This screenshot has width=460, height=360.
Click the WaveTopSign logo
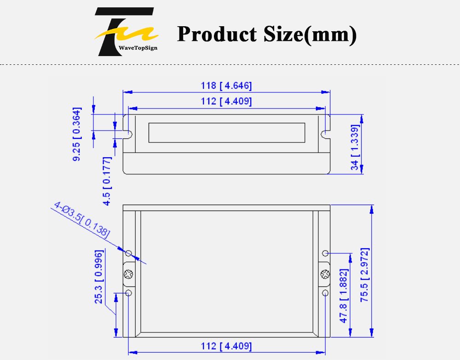(x=126, y=32)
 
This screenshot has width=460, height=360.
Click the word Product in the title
(x=218, y=34)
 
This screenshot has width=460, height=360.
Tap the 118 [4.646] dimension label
(x=226, y=86)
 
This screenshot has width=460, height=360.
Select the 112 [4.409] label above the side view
(x=226, y=101)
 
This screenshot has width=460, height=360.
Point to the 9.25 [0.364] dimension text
(x=77, y=134)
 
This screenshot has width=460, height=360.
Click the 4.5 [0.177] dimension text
(x=107, y=181)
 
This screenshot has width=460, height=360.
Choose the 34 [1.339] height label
(x=355, y=148)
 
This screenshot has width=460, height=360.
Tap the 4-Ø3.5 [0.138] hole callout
(x=82, y=219)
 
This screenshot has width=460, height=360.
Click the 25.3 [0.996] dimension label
(x=99, y=277)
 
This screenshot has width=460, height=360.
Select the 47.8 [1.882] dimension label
(x=344, y=296)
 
